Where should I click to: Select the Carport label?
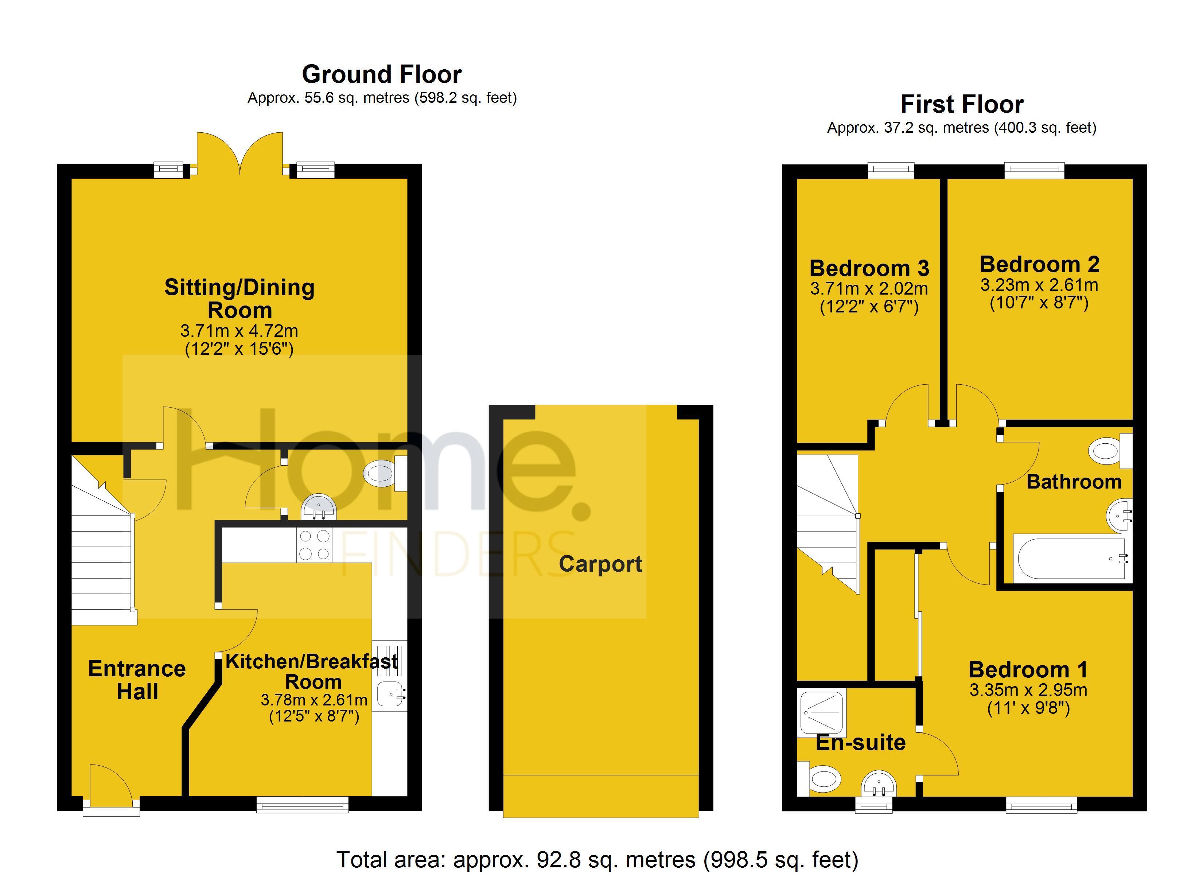[600, 564]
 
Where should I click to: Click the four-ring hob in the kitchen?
[314, 545]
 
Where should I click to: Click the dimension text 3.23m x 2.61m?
[1039, 285]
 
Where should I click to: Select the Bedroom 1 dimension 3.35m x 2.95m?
[1028, 691]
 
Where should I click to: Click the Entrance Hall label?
[137, 680]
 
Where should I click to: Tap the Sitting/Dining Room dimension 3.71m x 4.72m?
[239, 331]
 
